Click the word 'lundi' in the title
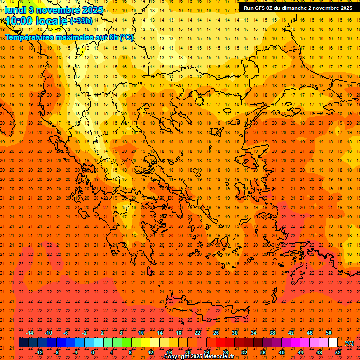coord(15,10)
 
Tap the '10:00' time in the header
coord(19,21)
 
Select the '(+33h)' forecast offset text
coord(81,21)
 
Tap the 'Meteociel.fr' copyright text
coord(216,357)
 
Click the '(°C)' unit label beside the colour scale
coord(350,343)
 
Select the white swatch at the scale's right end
coord(333,343)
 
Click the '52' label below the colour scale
coord(338,352)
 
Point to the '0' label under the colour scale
coord(93,352)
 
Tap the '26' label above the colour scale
coord(216,333)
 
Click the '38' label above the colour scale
coord(272,333)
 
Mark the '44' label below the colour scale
coord(300,352)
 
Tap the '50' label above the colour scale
coord(329,333)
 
